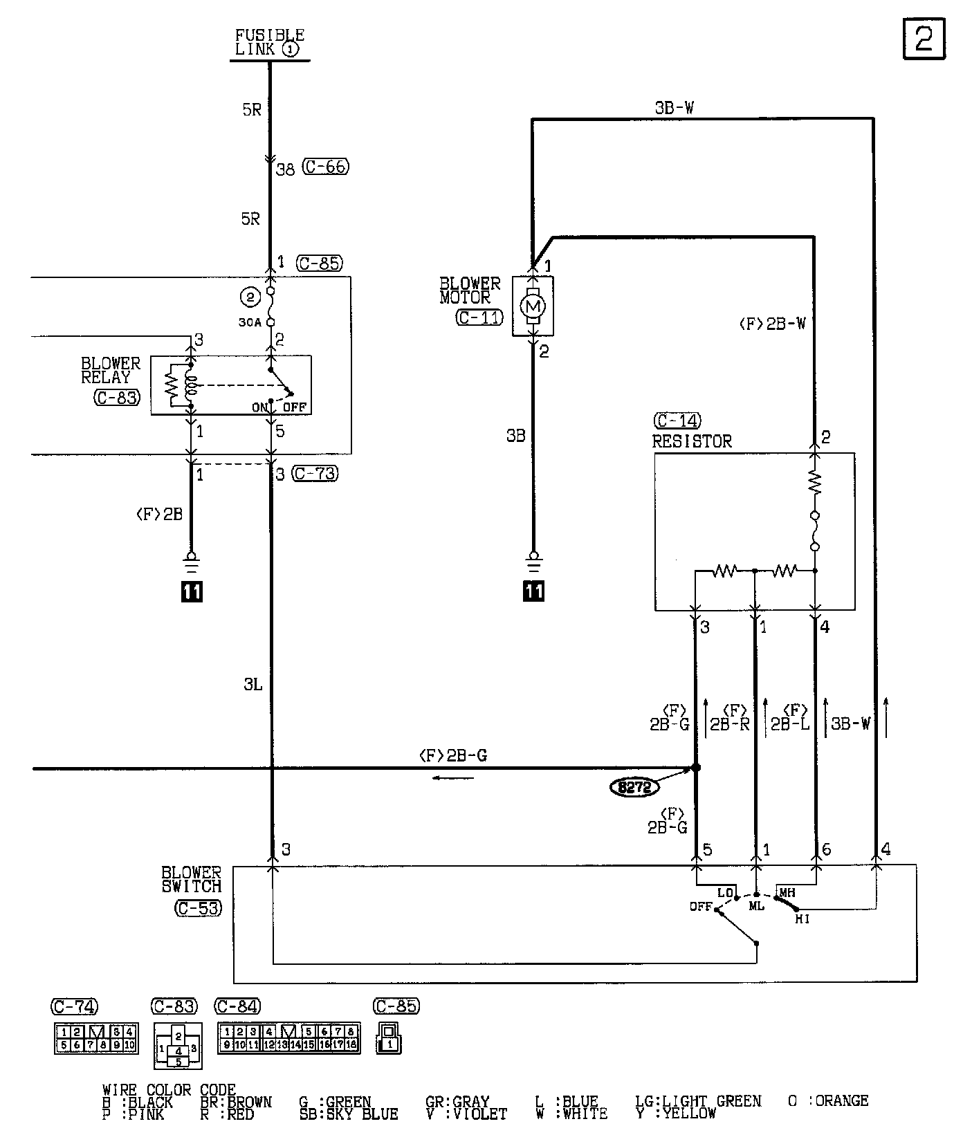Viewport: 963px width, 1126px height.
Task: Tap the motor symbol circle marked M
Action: click(533, 306)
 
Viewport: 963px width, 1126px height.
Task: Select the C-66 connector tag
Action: click(327, 167)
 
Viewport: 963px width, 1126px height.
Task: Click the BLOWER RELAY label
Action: click(111, 370)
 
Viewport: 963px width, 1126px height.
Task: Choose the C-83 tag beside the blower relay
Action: click(117, 398)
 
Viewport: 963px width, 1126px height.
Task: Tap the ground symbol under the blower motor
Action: click(533, 560)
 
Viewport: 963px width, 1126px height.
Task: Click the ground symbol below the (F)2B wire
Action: click(192, 560)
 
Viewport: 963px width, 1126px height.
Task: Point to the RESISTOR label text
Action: click(692, 441)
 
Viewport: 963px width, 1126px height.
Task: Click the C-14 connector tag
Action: click(677, 421)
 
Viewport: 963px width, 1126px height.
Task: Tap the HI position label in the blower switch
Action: click(802, 919)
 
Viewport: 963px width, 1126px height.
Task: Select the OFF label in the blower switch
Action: click(701, 907)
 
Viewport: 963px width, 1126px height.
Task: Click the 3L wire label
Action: click(253, 685)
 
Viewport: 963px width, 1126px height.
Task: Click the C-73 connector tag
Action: click(315, 474)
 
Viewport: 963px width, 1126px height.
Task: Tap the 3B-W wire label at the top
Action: click(674, 108)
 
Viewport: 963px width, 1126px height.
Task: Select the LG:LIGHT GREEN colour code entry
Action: click(698, 1100)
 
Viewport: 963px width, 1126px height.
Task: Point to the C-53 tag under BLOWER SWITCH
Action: click(199, 907)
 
